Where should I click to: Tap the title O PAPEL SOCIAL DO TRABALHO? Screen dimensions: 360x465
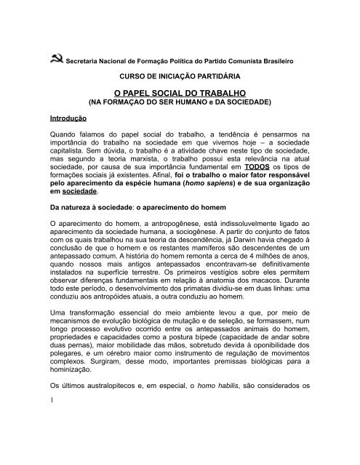click(179, 94)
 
